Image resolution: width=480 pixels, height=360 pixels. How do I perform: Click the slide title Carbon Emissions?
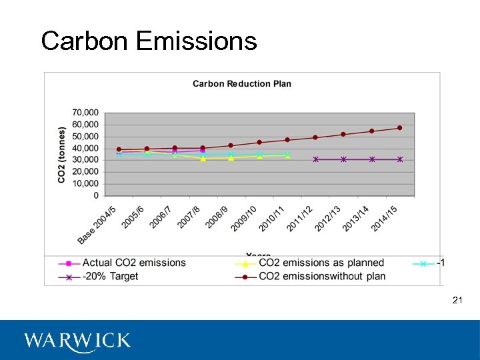click(x=149, y=41)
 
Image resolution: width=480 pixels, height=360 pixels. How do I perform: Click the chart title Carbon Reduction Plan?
click(x=242, y=84)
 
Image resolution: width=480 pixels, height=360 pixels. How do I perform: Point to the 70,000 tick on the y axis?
click(x=85, y=113)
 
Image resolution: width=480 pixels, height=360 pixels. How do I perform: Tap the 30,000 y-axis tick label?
click(x=85, y=160)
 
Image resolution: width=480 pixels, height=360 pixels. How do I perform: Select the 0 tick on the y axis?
click(x=96, y=195)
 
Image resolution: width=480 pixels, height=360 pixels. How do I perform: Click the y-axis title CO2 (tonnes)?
click(x=61, y=155)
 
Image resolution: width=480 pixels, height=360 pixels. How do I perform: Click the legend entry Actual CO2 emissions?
click(x=134, y=263)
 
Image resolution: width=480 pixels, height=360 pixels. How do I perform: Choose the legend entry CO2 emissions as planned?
click(x=321, y=263)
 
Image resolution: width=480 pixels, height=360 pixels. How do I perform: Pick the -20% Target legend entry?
click(x=110, y=277)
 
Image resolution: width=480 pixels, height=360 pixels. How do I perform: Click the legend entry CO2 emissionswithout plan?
click(x=322, y=277)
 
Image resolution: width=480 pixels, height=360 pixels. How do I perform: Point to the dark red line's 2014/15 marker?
click(x=400, y=128)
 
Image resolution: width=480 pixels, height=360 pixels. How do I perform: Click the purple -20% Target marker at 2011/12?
click(x=315, y=159)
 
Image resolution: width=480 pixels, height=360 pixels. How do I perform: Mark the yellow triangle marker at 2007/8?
click(x=203, y=159)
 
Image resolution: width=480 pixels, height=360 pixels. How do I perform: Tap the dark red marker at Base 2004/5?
click(x=119, y=150)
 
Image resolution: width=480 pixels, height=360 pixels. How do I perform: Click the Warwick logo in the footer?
click(x=77, y=341)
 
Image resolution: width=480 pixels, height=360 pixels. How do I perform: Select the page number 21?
click(x=457, y=301)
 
